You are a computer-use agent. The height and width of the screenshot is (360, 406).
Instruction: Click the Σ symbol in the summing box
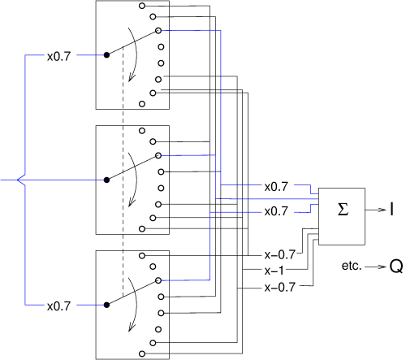tap(343, 210)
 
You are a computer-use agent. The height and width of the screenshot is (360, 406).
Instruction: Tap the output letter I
tap(391, 209)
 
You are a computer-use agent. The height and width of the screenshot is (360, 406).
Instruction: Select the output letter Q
tap(396, 267)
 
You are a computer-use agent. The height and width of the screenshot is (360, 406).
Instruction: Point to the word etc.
tap(352, 266)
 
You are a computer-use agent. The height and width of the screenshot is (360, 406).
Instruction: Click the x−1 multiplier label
tap(274, 271)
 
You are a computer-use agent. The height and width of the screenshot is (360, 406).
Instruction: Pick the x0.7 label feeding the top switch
tap(58, 57)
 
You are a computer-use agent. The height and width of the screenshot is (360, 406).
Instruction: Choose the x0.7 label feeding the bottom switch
tap(58, 306)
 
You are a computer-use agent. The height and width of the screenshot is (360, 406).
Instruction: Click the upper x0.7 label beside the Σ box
tap(276, 187)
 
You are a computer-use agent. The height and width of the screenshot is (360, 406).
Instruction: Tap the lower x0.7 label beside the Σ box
tap(276, 211)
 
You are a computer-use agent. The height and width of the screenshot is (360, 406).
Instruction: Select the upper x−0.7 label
tap(279, 254)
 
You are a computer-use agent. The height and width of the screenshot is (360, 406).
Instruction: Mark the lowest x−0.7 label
tap(279, 287)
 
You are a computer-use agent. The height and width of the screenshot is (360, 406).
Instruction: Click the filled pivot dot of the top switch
tap(106, 55)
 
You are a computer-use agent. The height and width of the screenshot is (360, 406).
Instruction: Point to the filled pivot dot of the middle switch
tap(106, 180)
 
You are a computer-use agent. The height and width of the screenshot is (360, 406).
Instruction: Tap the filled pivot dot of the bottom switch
tap(106, 305)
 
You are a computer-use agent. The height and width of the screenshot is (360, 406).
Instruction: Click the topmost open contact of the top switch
tap(142, 6)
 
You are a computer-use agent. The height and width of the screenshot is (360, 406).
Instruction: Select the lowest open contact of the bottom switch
tap(142, 353)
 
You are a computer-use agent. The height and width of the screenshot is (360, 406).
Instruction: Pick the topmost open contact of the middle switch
tap(142, 131)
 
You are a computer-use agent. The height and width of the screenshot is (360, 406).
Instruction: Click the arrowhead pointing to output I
tap(382, 210)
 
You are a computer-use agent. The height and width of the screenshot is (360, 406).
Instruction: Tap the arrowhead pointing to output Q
tap(382, 267)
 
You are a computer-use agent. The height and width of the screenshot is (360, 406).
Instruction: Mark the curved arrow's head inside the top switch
tap(132, 78)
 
